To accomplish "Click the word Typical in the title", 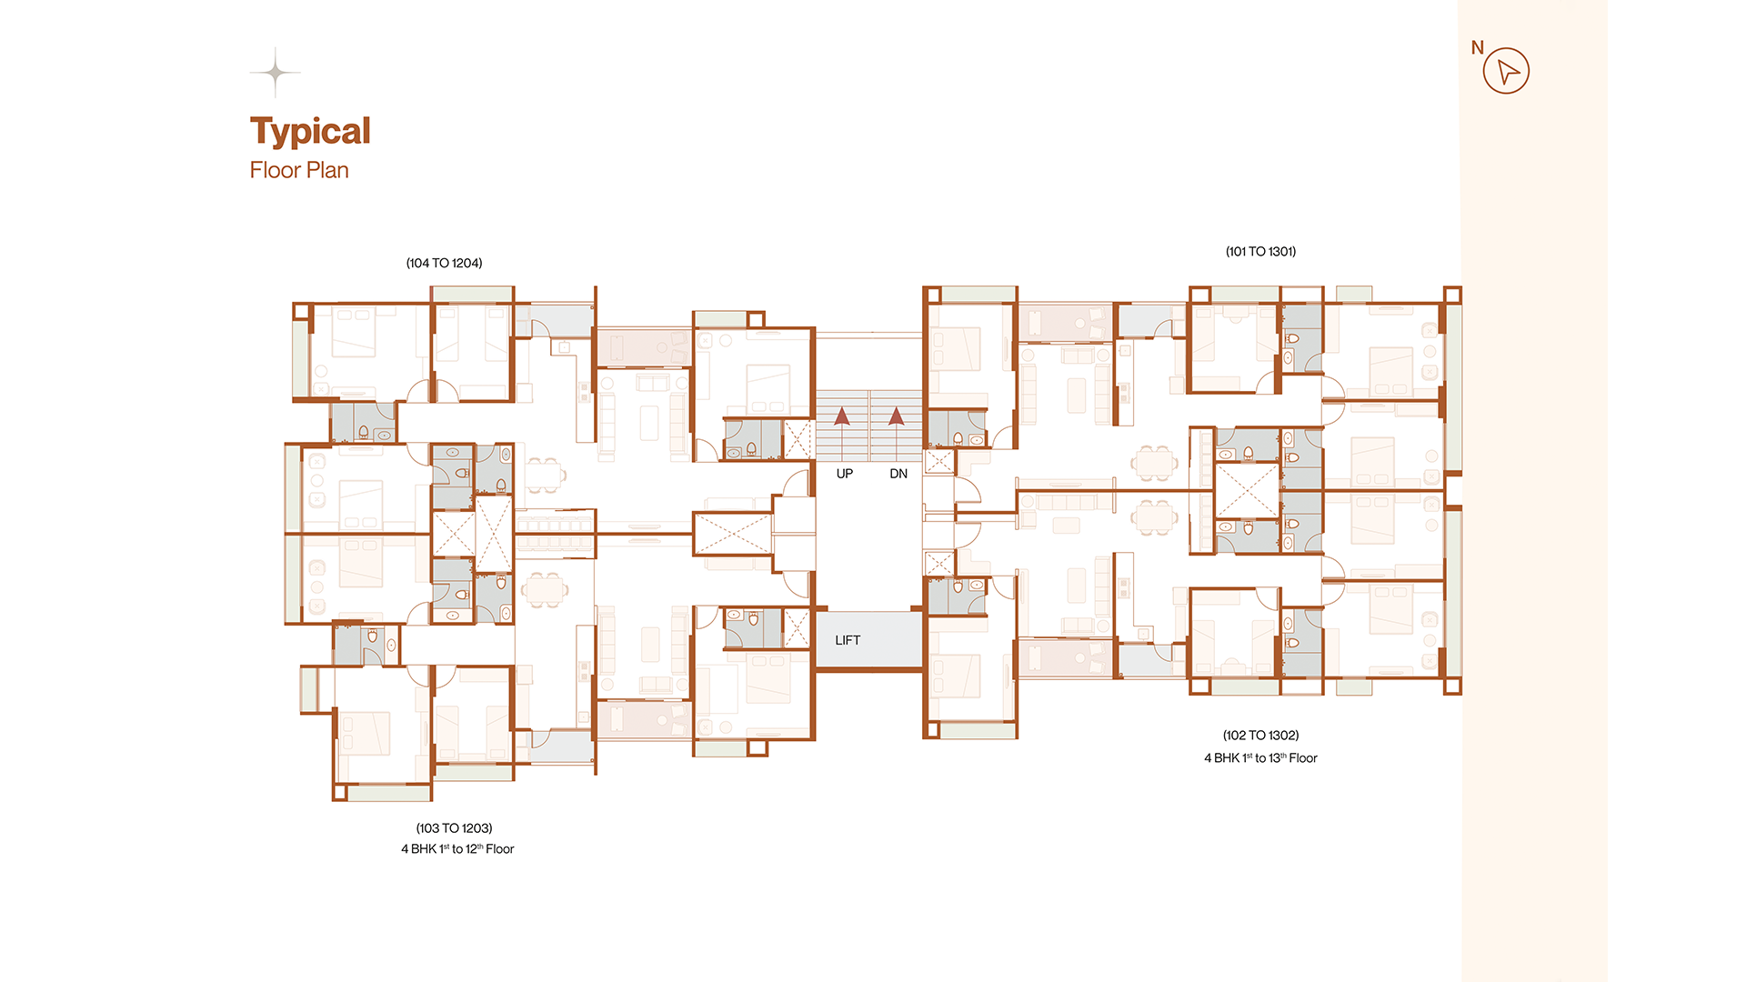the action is [310, 132].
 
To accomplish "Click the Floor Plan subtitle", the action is [299, 170].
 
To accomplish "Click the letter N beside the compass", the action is [1478, 47].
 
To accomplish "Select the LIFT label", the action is [848, 640].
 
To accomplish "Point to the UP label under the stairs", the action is [845, 474].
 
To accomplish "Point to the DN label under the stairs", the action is [898, 474].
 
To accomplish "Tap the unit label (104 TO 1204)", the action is [444, 263].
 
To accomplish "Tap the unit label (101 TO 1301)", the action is [1260, 251].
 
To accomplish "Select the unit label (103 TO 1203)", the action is [454, 828].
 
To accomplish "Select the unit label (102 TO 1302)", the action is [1260, 735].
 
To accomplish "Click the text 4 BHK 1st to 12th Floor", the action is [457, 849].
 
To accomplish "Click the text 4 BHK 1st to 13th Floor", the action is [1260, 758].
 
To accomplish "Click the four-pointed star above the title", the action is [275, 72].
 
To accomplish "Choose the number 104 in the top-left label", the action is [418, 263].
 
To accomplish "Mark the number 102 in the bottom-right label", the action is [1236, 735].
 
